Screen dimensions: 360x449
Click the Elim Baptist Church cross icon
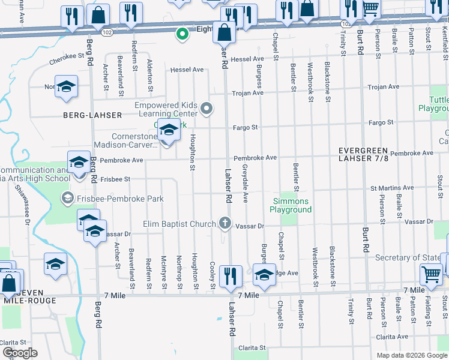pos(225,223)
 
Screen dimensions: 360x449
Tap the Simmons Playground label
pos(291,205)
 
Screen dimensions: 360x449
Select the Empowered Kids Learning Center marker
pos(207,109)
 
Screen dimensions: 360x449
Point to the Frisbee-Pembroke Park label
pos(112,199)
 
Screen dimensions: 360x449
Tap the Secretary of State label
pos(408,257)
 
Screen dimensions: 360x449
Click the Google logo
pos(20,353)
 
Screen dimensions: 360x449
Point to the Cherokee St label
pos(65,56)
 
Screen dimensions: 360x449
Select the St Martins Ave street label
pos(392,188)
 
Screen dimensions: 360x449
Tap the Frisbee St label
pos(115,179)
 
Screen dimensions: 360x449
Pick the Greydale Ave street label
pos(246,186)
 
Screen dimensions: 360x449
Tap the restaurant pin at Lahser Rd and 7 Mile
pos(231,277)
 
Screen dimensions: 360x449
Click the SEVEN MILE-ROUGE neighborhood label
pos(30,296)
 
